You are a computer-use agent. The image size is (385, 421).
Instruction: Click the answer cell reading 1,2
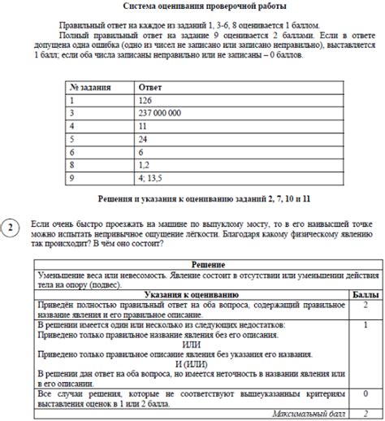click(x=146, y=163)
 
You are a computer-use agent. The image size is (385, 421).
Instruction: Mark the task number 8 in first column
click(x=72, y=163)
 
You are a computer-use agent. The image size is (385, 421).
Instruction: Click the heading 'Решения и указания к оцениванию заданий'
click(x=192, y=197)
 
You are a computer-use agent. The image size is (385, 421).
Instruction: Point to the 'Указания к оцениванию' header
click(x=180, y=293)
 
